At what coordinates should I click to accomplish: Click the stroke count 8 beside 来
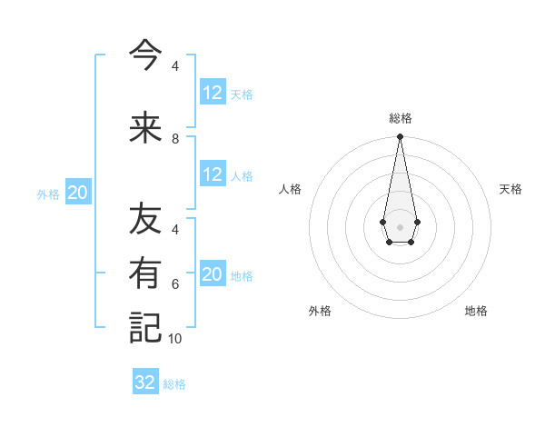tap(175, 139)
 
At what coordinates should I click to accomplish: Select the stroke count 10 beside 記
tap(175, 338)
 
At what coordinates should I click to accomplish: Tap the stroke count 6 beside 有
tap(175, 284)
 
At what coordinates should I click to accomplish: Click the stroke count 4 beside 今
tap(175, 66)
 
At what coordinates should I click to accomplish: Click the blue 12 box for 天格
tap(213, 93)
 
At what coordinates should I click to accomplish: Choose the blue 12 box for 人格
tap(213, 174)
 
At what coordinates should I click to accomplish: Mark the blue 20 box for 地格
tap(213, 275)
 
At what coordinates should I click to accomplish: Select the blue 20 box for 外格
tap(78, 193)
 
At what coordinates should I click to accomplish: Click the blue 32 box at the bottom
tap(145, 382)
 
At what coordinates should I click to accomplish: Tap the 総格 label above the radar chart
tap(401, 118)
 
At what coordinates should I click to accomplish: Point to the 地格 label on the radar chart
tap(476, 311)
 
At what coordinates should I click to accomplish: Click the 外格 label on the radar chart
tap(320, 311)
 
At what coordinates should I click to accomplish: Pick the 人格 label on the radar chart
tap(290, 189)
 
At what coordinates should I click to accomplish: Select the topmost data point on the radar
tap(400, 137)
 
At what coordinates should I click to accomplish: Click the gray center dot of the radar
tap(400, 226)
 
